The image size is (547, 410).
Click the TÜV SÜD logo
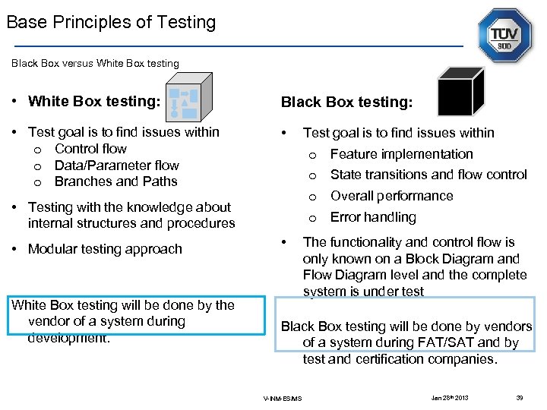coord(504,36)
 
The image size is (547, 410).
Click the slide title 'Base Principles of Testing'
coord(111,23)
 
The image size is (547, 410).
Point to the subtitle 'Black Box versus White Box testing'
coord(95,63)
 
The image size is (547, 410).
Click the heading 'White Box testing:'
coord(94,101)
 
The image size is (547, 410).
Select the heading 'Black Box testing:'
coord(346,102)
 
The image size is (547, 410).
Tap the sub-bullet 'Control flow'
coord(90,149)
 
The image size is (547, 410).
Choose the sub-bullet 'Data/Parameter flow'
coord(116,166)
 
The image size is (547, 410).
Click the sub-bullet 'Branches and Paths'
coord(115,181)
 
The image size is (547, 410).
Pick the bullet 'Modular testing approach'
coord(105,249)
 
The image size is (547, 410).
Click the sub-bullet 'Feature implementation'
coord(401,154)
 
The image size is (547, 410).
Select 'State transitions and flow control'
coord(428,175)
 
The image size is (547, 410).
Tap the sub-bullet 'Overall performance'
coord(391,196)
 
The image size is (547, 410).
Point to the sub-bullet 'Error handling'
coord(373,217)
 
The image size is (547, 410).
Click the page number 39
coord(520,397)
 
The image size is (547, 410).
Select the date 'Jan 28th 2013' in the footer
coord(451,397)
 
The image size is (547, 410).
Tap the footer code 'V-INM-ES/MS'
coord(283,399)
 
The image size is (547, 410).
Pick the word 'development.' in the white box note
coord(69,338)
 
